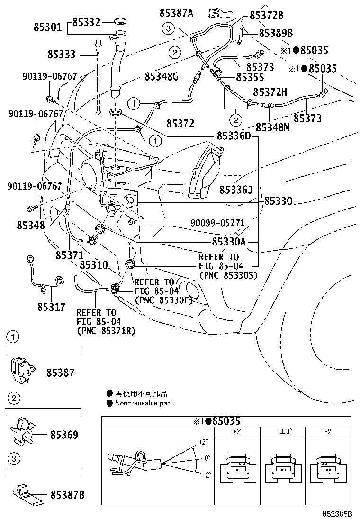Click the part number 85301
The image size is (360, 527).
click(47, 27)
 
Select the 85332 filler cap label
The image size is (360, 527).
click(86, 22)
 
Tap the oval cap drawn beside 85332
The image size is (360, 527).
click(121, 22)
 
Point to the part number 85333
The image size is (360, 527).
click(61, 55)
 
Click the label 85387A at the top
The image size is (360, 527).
click(176, 13)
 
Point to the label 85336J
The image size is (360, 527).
click(235, 190)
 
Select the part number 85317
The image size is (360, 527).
click(52, 307)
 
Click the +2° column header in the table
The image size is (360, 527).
click(237, 432)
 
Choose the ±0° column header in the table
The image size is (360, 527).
click(282, 432)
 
